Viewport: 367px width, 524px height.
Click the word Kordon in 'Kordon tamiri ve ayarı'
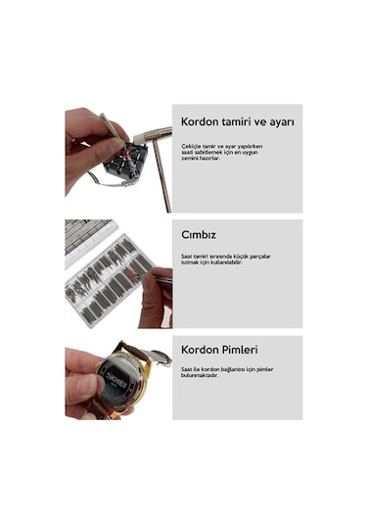[202, 122]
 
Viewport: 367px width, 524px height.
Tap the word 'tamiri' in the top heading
[245, 122]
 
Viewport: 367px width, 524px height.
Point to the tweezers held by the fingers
[157, 278]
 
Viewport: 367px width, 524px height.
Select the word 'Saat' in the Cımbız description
[187, 256]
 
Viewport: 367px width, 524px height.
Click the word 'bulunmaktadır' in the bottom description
[204, 375]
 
